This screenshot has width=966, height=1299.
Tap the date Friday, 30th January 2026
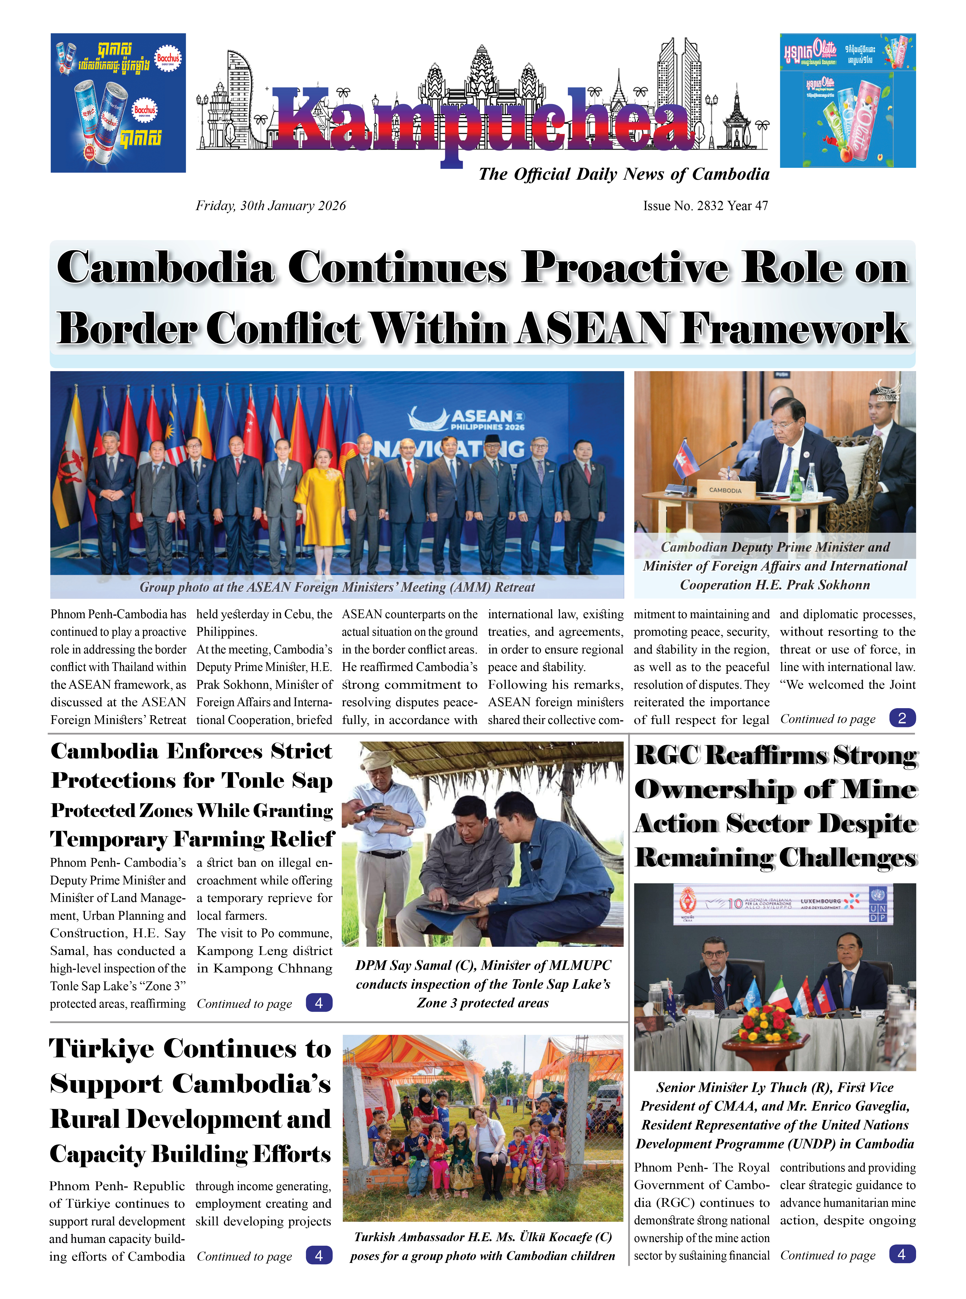click(x=271, y=206)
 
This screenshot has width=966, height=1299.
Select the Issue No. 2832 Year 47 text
click(x=705, y=206)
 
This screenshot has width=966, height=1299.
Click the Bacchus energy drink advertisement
click(x=118, y=103)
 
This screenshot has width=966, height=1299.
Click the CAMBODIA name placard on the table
click(x=725, y=490)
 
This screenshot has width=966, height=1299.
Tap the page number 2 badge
click(x=902, y=718)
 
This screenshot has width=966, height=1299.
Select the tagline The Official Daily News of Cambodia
click(x=623, y=174)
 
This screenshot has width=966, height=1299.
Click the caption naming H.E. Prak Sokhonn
click(x=775, y=566)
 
